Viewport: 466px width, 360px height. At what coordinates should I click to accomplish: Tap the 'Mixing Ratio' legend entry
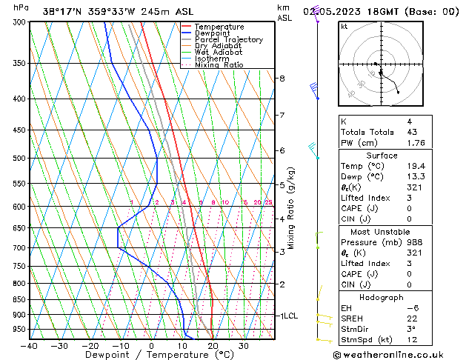coord(219,65)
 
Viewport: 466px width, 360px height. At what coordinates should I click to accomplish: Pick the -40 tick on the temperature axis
coord(30,346)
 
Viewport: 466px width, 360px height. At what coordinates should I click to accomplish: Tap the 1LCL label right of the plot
coord(288,316)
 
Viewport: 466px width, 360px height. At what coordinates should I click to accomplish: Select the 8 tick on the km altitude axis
coord(282,79)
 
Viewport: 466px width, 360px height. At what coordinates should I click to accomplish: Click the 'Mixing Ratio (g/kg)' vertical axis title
coord(292,207)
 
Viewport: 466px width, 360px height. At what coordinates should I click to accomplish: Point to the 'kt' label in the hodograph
coord(344,27)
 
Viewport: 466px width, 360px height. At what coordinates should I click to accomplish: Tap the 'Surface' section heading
coord(381,156)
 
